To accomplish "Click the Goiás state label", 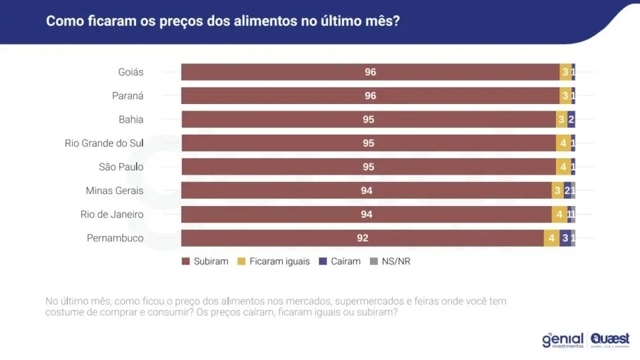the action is pyautogui.click(x=131, y=72).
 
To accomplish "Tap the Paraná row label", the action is pyautogui.click(x=128, y=96).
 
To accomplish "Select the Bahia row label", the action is pyautogui.click(x=131, y=119).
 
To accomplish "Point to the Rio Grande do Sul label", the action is pyautogui.click(x=104, y=143).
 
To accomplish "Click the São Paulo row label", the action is pyautogui.click(x=121, y=167).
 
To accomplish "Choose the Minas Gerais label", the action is pyautogui.click(x=115, y=191).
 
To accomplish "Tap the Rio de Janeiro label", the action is pyautogui.click(x=112, y=214).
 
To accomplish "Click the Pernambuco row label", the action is pyautogui.click(x=115, y=238).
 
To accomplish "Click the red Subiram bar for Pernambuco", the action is pyautogui.click(x=363, y=239).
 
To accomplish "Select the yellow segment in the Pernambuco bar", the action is pyautogui.click(x=552, y=239).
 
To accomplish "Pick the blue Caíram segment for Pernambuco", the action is pyautogui.click(x=565, y=239).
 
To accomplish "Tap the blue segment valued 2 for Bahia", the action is pyautogui.click(x=571, y=119).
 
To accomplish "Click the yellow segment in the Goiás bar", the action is pyautogui.click(x=565, y=72).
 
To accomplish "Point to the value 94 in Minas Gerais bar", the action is pyautogui.click(x=367, y=191).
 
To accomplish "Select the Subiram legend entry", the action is pyautogui.click(x=205, y=261).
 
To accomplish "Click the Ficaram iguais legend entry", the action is pyautogui.click(x=273, y=261).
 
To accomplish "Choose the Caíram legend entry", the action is pyautogui.click(x=339, y=261).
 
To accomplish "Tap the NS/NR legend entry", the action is pyautogui.click(x=390, y=261).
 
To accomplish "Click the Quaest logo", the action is pyautogui.click(x=610, y=340).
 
